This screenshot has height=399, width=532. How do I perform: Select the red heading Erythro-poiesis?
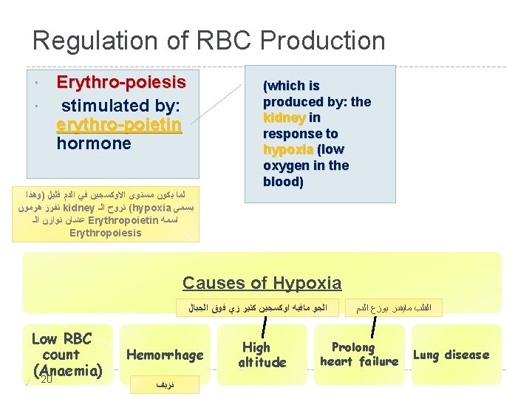[120, 81]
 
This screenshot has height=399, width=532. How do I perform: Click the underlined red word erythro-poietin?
[118, 124]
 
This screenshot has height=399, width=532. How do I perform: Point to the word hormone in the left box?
[94, 143]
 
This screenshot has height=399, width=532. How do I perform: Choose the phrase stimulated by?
[120, 105]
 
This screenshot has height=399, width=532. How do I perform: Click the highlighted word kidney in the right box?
[284, 117]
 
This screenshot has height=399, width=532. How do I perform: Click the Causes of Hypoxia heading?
[262, 283]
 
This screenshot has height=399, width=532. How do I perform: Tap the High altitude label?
[262, 355]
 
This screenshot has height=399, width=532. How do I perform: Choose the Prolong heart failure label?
[358, 354]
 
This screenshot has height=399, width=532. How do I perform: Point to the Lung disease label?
[451, 355]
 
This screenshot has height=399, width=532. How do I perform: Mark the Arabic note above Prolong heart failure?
[392, 307]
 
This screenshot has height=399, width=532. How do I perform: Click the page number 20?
[46, 380]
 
